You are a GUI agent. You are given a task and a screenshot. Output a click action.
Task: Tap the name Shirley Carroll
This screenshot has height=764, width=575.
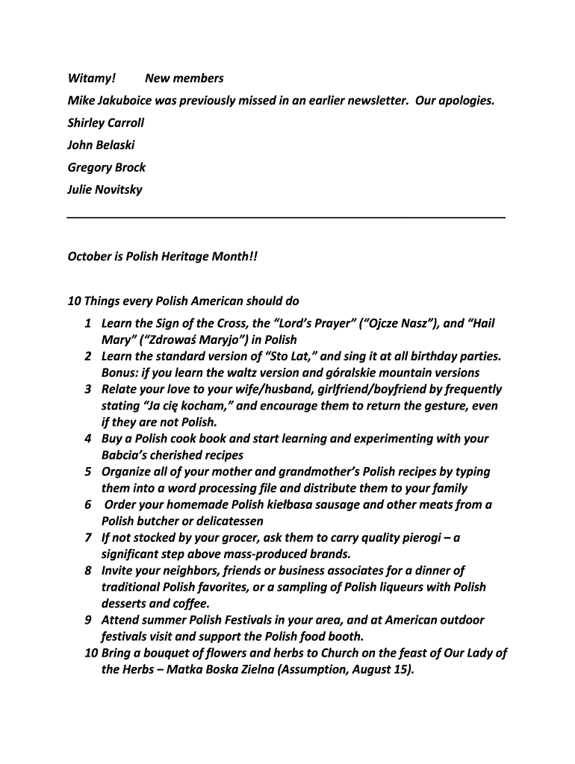pos(105,123)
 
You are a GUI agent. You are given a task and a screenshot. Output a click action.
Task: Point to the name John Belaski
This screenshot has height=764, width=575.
pos(101,145)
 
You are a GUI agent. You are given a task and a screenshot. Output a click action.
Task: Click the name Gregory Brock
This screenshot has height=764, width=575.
pos(106,168)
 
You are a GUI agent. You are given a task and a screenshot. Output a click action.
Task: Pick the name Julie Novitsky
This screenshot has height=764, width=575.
pos(105,190)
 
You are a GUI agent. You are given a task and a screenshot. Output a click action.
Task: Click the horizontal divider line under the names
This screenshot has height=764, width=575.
pos(286,216)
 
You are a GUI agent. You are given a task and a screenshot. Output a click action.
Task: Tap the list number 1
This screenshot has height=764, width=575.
pos(87,324)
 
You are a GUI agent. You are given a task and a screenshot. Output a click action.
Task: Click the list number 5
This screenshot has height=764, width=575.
pos(87,472)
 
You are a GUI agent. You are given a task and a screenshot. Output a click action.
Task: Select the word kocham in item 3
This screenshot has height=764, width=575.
pos(199,407)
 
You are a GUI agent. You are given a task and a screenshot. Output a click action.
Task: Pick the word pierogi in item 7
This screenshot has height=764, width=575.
pos(422,538)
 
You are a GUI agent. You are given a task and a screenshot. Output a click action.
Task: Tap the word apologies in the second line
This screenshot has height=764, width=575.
pos(465,101)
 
